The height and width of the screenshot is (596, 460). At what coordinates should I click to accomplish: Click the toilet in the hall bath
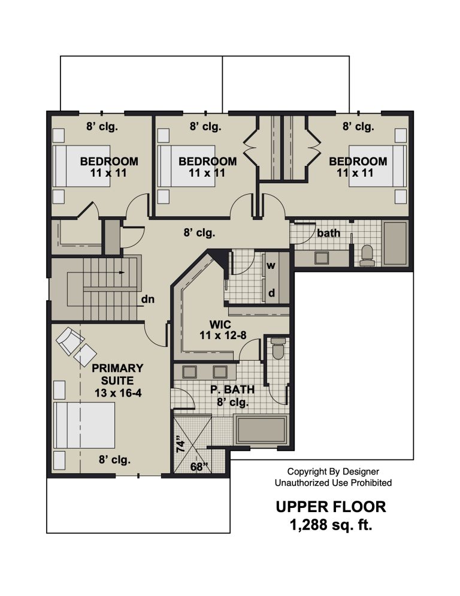click(367, 255)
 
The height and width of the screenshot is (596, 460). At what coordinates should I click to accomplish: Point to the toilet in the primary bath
click(279, 349)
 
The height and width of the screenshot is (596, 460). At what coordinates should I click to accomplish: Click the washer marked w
click(271, 265)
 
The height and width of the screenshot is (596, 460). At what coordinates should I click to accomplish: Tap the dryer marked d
click(271, 293)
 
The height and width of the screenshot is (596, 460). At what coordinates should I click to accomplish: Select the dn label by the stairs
click(148, 299)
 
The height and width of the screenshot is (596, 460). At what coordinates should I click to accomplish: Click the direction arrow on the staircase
click(120, 272)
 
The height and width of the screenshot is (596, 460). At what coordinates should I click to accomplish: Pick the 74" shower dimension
click(180, 446)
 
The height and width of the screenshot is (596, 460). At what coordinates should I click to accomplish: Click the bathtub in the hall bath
click(395, 243)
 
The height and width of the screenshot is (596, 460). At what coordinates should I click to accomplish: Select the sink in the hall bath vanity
click(322, 258)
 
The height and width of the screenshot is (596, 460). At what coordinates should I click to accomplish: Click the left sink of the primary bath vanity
click(189, 372)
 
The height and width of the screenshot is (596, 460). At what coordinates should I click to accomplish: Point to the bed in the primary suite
click(84, 425)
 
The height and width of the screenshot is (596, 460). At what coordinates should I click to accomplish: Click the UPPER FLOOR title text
click(331, 507)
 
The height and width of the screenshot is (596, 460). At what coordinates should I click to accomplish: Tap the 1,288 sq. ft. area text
click(331, 525)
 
